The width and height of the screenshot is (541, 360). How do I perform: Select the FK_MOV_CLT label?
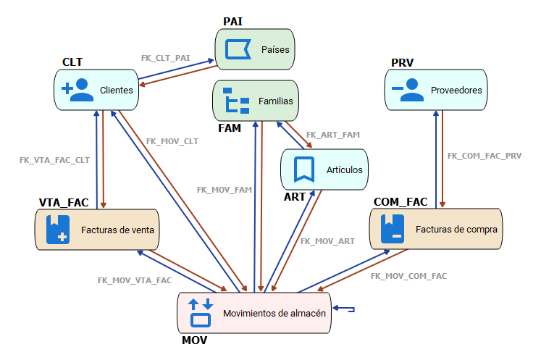[172, 141]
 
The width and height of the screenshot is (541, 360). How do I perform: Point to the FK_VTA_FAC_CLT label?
[54, 159]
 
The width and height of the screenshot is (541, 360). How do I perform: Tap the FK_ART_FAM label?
[332, 135]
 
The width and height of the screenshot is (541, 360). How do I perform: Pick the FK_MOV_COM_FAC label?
[408, 276]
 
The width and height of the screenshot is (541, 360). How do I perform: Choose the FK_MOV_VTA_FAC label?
[135, 280]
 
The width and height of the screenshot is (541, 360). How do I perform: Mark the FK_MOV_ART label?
[327, 241]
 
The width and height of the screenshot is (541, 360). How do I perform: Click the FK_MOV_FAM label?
[224, 190]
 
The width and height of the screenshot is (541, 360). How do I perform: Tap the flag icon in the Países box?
[236, 49]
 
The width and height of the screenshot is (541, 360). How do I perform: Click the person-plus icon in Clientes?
[77, 90]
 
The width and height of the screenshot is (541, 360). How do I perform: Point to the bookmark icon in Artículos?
[303, 169]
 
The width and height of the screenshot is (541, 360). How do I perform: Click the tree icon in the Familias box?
[236, 101]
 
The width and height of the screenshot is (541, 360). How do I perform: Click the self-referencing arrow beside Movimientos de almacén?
[346, 310]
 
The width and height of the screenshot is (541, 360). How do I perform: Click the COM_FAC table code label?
[400, 201]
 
